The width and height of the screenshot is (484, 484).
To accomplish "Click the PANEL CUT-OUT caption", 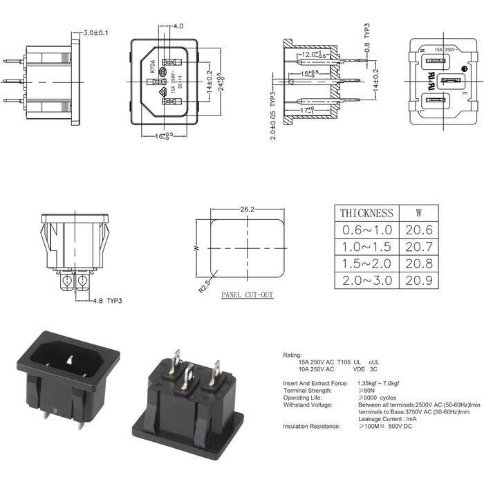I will pyautogui.click(x=247, y=295).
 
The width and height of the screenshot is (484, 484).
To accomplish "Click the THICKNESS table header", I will pyautogui.click(x=366, y=213).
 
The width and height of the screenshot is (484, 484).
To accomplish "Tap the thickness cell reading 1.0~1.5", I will pyautogui.click(x=366, y=247).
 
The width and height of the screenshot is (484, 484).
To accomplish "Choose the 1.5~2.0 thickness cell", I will pyautogui.click(x=366, y=263).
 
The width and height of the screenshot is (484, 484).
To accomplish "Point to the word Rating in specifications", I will pyautogui.click(x=292, y=355).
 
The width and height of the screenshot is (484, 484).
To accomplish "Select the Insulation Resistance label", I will pyautogui.click(x=311, y=427).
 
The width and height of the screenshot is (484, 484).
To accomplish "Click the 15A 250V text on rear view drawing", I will pyautogui.click(x=443, y=50).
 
